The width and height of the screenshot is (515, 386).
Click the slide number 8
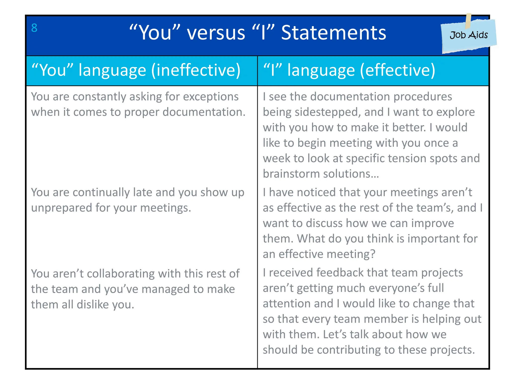click(x=34, y=28)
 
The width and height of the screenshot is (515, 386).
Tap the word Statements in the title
click(x=333, y=33)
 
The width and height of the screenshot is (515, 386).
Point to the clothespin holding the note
click(x=468, y=21)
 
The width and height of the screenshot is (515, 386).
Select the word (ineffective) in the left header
click(x=196, y=70)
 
